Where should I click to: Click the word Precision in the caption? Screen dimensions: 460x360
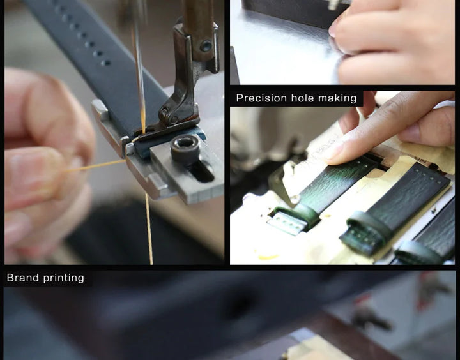pyautogui.click(x=257, y=98)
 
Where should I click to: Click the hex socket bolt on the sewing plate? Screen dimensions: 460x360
pyautogui.click(x=185, y=149)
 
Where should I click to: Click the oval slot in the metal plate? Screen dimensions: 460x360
pyautogui.click(x=203, y=171)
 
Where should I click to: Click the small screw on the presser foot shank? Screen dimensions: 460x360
pyautogui.click(x=206, y=46)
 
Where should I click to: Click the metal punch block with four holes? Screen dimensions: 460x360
pyautogui.click(x=287, y=223)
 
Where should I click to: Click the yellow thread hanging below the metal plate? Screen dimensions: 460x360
pyautogui.click(x=149, y=229)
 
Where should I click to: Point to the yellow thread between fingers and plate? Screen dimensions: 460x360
pyautogui.click(x=95, y=166)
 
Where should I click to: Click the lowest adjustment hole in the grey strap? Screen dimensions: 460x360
pyautogui.click(x=105, y=63)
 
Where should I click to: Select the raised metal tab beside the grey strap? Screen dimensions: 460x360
pyautogui.click(x=100, y=110)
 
